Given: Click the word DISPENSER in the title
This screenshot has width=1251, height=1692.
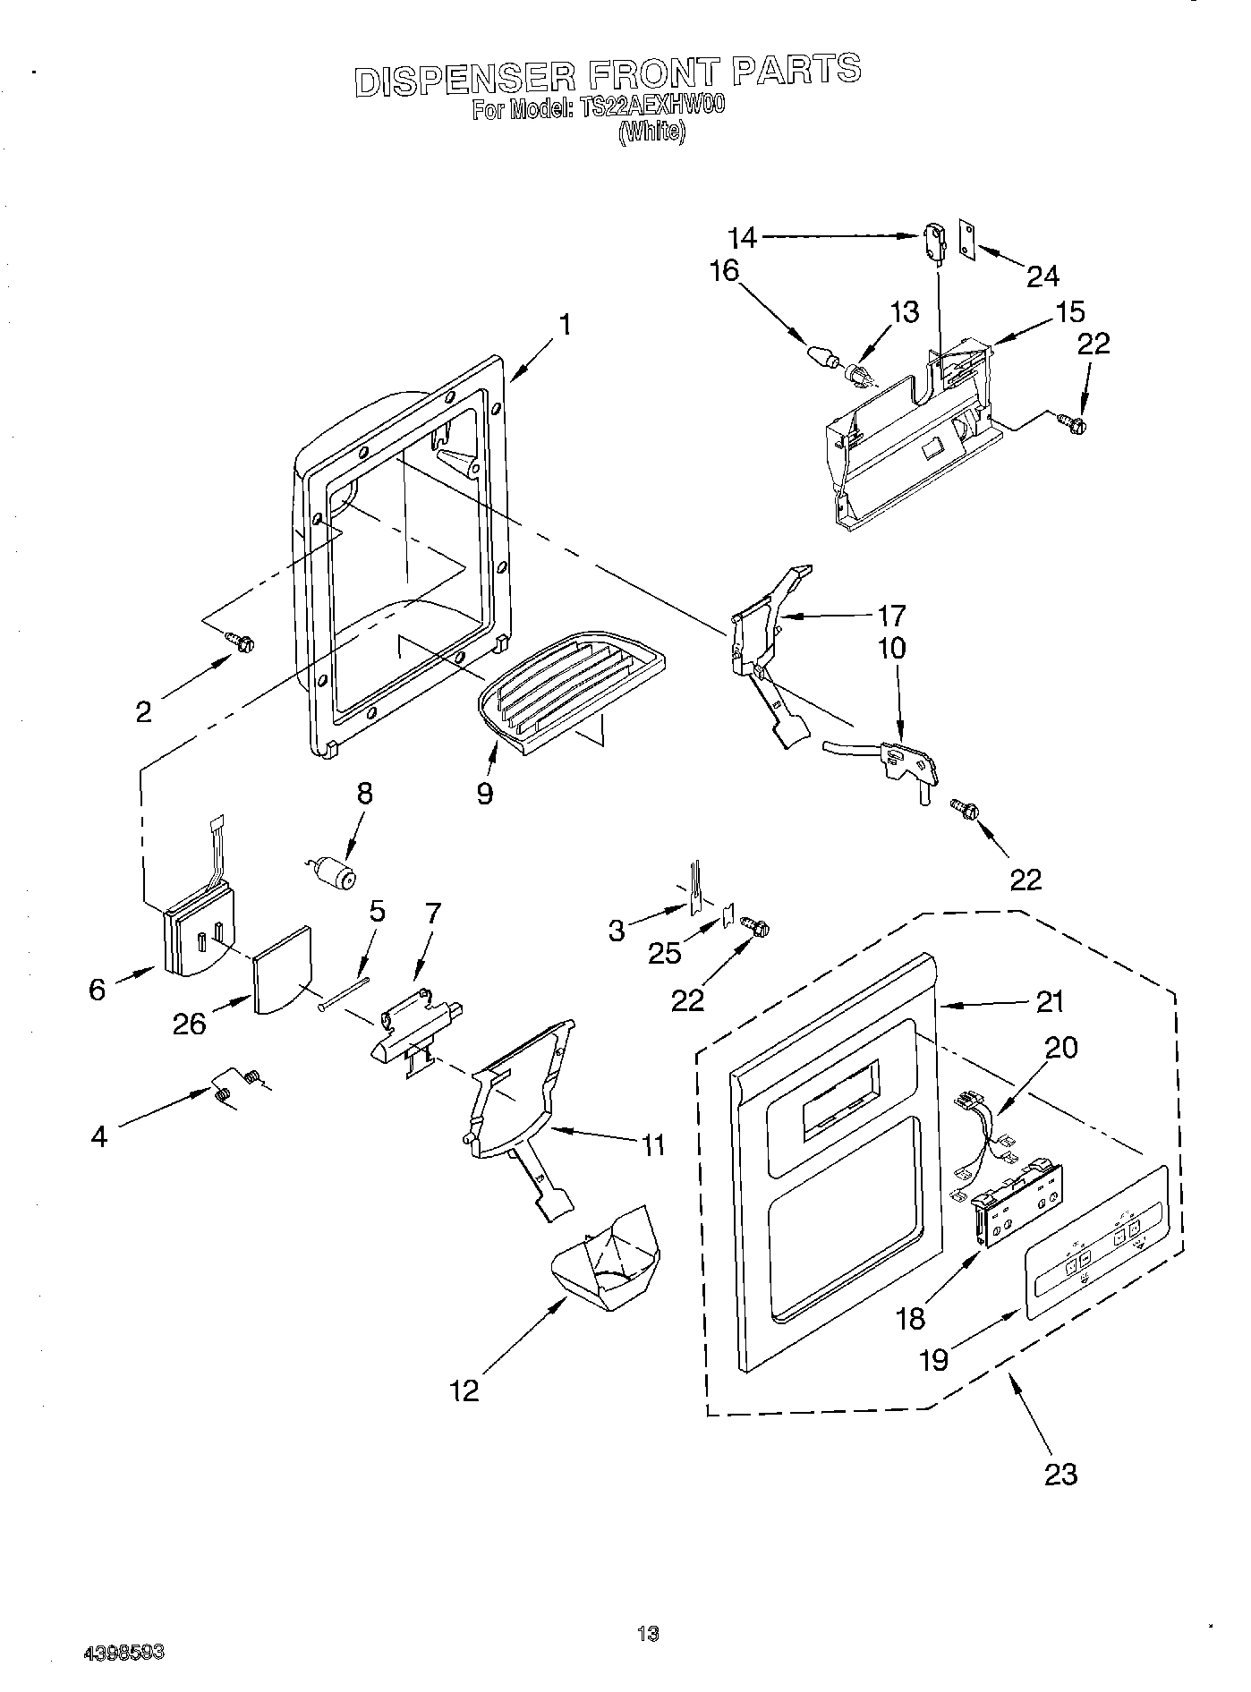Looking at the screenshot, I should pos(464,78).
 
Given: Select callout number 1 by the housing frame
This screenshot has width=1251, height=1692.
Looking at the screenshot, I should pos(564,325).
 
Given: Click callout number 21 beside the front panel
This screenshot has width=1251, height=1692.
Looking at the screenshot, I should pos(1050,1002).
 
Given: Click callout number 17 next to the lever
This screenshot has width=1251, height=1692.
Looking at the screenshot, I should pos(891,616).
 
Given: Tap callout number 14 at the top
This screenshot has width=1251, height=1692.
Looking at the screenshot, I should pos(742,238).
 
